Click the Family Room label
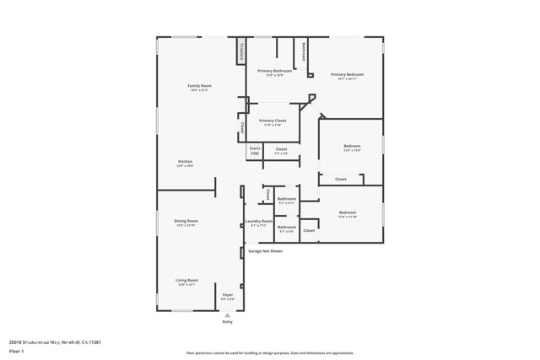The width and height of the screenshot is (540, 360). tap(199, 87)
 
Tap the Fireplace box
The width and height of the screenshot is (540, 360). tap(241, 51)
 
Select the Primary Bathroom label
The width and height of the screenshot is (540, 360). tap(275, 73)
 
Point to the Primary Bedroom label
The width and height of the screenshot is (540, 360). tap(346, 76)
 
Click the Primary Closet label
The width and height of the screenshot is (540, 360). tap(273, 122)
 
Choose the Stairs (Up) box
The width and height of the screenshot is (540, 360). tap(255, 151)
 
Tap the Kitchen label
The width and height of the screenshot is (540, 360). tap(185, 163)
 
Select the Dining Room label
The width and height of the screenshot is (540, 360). tap(186, 223)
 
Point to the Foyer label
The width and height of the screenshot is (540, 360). tap(228, 297)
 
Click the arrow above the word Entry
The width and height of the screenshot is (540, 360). tap(227, 315)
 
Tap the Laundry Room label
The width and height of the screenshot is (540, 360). tap(259, 223)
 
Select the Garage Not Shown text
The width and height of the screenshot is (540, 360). tap(265, 251)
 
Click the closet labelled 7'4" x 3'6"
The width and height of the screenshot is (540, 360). tap(281, 151)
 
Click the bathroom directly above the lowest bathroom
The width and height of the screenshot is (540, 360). tap(287, 201)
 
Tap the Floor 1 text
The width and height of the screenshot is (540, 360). tap(16, 351)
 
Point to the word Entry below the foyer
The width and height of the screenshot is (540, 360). tap(227, 322)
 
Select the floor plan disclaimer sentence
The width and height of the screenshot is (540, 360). tap(270, 353)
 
